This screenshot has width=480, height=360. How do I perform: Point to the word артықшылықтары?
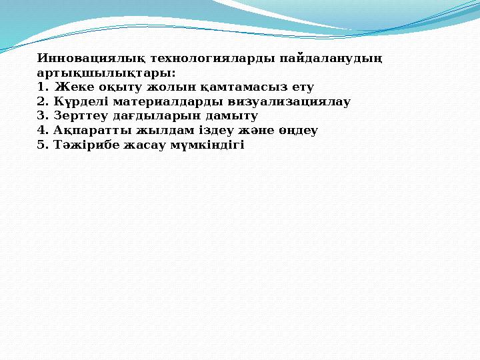point(107,73)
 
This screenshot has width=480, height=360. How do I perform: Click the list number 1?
point(42,87)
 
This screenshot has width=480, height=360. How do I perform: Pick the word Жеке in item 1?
point(71,87)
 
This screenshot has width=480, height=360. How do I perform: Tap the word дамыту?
point(233,115)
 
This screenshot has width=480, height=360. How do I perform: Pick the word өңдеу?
point(298,130)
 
